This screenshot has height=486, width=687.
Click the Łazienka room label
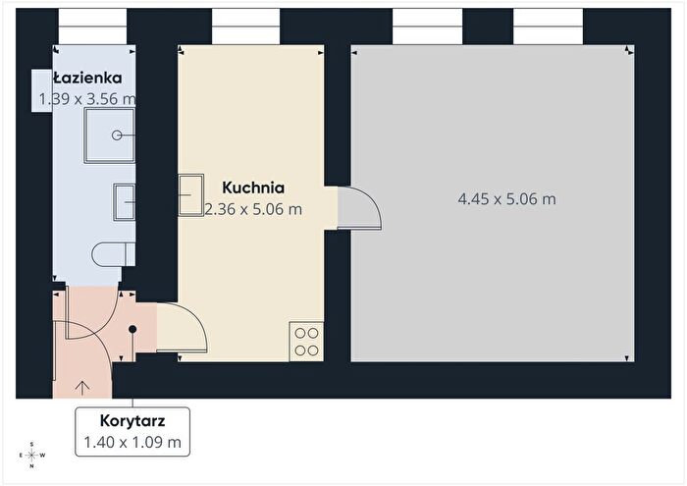point(87,78)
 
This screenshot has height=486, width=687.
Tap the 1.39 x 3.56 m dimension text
point(87,99)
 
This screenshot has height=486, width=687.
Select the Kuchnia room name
point(253,188)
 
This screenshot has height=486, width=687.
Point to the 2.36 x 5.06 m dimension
point(253,209)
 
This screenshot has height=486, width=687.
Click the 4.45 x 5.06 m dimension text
point(507,199)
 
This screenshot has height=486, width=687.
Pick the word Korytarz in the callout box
point(132,420)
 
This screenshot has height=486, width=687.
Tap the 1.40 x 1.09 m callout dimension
point(132,442)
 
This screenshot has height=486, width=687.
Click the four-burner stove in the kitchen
point(306,342)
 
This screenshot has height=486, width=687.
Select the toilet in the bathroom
point(114,253)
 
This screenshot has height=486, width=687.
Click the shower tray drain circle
point(117,135)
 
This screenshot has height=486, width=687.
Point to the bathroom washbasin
point(125,202)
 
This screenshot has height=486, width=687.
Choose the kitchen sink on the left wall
point(191,195)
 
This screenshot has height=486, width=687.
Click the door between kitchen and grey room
point(359,208)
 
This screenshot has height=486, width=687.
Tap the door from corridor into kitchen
point(182,327)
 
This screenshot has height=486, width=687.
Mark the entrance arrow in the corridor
point(82,388)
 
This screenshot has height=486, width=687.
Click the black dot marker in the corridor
point(132,329)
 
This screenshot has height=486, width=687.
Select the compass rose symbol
point(32,455)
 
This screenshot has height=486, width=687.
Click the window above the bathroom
point(92,27)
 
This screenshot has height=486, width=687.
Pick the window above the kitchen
point(245,27)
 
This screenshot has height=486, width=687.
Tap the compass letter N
point(32,466)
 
